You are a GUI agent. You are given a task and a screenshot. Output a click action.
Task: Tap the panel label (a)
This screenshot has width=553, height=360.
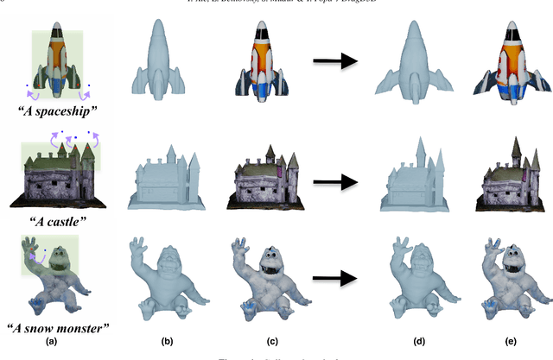coord(57,341)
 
